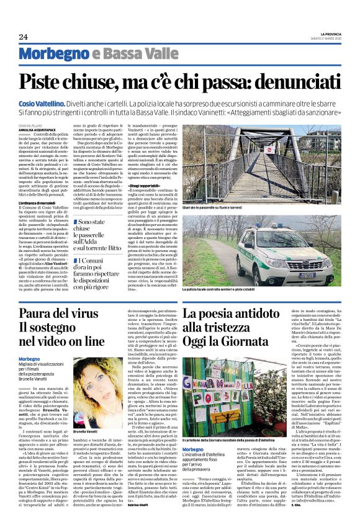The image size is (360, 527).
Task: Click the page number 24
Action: tap(23, 37)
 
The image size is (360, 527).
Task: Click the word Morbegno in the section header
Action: tap(52, 56)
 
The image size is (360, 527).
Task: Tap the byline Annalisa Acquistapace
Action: tap(37, 129)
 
